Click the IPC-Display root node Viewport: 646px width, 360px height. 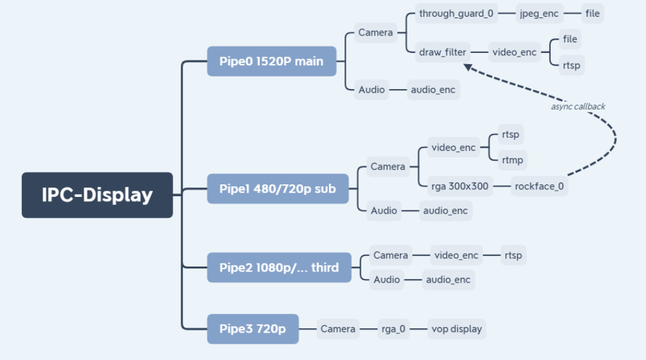coord(97,195)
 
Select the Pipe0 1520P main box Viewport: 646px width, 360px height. coord(272,61)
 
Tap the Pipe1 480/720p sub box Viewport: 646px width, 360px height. coord(278,188)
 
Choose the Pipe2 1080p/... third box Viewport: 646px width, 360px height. coord(279,268)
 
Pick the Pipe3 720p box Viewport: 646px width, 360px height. coord(253,328)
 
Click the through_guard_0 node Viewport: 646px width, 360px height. coord(455,13)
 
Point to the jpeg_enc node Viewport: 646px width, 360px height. coord(539,13)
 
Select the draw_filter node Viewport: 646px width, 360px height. coord(442,52)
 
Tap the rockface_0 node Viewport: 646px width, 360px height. coord(539,186)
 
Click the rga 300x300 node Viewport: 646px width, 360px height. coord(460,186)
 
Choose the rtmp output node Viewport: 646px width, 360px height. coord(512,160)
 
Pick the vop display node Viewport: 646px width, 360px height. coord(456,329)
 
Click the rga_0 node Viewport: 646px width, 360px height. coord(394,329)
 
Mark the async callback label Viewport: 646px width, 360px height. coord(578,107)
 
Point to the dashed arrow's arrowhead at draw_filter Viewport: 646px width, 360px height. coord(467,67)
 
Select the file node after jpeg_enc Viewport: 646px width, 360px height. coord(592,13)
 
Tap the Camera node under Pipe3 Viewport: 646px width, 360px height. coord(338,329)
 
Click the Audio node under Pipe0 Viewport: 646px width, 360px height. coord(371,90)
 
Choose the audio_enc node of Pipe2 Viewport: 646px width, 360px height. coord(448,280)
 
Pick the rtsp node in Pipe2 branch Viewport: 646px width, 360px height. coord(513,255)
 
